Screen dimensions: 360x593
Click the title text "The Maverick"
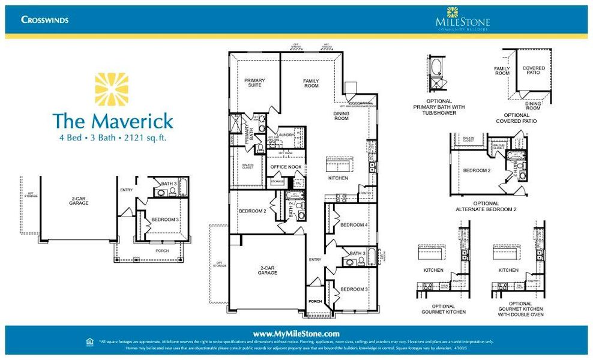[x=112, y=121]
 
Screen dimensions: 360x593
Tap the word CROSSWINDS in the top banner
[x=45, y=20]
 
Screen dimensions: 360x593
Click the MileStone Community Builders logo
[x=462, y=19]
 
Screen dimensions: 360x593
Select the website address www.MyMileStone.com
[x=296, y=334]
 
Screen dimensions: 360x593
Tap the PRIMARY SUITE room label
[x=254, y=83]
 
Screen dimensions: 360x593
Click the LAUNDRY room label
[x=285, y=135]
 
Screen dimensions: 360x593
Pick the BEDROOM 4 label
[x=354, y=225]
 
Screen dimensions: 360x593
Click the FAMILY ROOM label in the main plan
[x=311, y=83]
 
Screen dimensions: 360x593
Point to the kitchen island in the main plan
[x=339, y=164]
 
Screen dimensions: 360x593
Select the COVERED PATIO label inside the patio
[x=533, y=71]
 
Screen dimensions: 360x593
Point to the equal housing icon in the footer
[x=90, y=341]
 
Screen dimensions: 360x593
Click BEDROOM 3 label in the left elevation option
[x=164, y=220]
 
